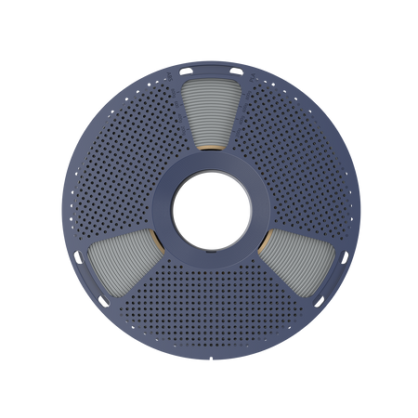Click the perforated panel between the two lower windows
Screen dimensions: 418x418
click(x=210, y=297)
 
